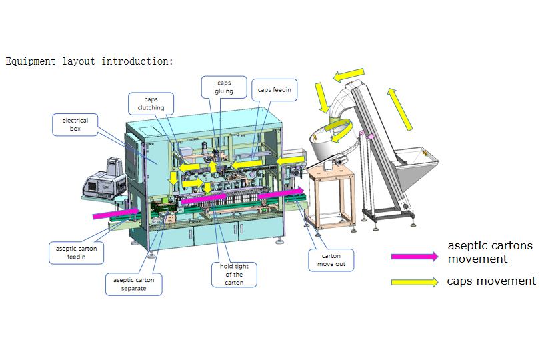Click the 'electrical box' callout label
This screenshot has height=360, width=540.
75,125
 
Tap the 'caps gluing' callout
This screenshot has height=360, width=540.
224,87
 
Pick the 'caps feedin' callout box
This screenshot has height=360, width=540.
275,90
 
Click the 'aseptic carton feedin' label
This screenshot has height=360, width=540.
76,253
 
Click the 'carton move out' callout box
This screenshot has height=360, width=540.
331,260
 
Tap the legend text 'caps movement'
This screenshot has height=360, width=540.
492,281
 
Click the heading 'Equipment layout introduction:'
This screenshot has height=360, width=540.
89,61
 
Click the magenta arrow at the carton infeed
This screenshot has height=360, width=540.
116,214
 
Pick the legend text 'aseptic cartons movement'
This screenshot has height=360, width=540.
490,252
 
